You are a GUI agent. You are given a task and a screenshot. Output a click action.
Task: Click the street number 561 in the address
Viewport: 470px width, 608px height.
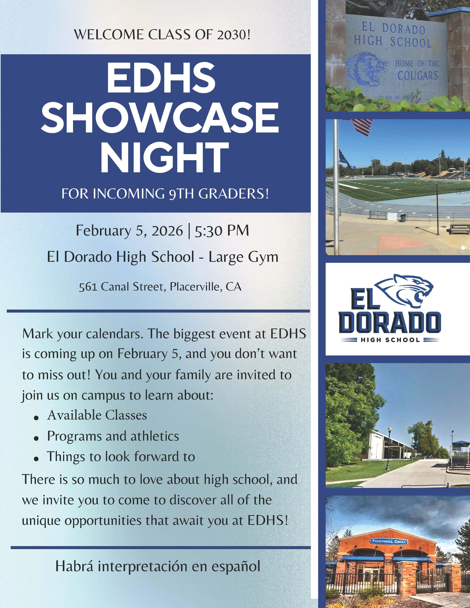88,287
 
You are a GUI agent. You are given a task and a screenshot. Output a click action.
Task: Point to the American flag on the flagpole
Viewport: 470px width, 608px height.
362,127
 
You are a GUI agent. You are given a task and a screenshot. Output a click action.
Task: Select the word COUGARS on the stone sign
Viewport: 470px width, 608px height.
418,76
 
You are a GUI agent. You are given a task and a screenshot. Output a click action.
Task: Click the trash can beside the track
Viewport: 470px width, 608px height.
403,218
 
